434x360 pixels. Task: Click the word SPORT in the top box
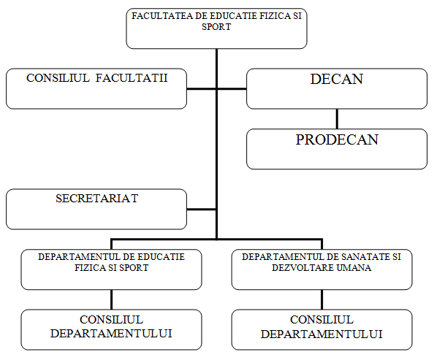pyautogui.click(x=216, y=27)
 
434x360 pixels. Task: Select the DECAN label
pyautogui.click(x=337, y=79)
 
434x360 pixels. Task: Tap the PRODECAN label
pyautogui.click(x=337, y=139)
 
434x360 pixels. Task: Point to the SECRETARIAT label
pyautogui.click(x=97, y=199)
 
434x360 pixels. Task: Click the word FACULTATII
pyautogui.click(x=132, y=77)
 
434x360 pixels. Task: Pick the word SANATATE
pyautogui.click(x=359, y=257)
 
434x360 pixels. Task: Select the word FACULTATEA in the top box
pyautogui.click(x=162, y=16)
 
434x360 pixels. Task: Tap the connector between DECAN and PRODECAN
pyautogui.click(x=337, y=119)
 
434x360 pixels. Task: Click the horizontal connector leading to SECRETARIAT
pyautogui.click(x=202, y=210)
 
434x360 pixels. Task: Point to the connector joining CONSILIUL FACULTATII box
pyautogui.click(x=202, y=89)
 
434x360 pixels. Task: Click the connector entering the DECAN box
pyautogui.click(x=232, y=89)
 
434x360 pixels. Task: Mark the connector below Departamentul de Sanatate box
pyautogui.click(x=322, y=299)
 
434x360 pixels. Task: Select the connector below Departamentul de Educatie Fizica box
pyautogui.click(x=111, y=299)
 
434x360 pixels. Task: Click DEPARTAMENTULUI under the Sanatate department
pyautogui.click(x=321, y=334)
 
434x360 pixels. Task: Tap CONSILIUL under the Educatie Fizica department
pyautogui.click(x=111, y=320)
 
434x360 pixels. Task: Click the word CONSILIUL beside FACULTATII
pyautogui.click(x=58, y=77)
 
